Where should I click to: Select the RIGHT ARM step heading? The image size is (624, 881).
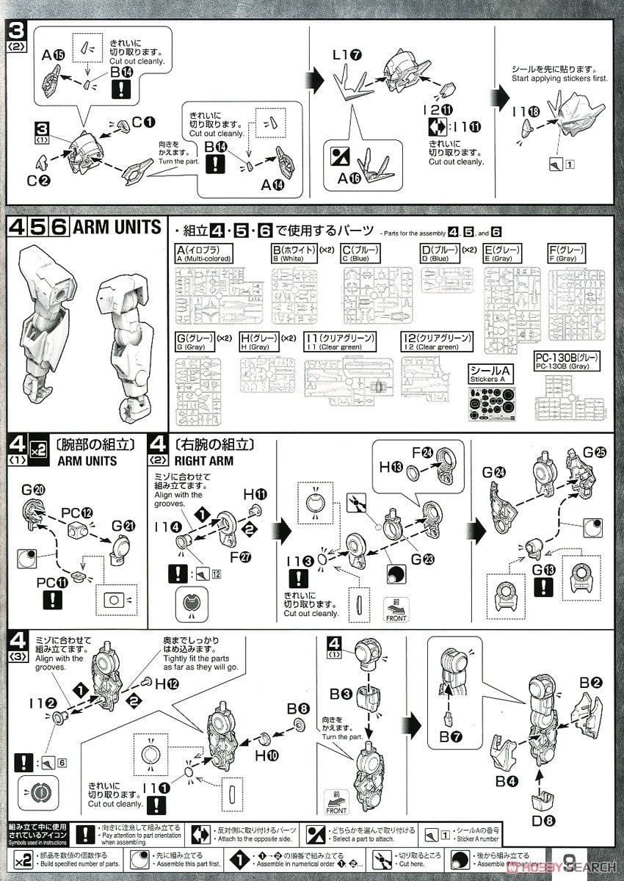click(204, 461)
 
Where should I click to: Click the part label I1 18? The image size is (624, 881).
click(526, 111)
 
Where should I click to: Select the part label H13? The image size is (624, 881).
click(389, 465)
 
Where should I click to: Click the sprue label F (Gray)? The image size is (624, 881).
click(570, 253)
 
